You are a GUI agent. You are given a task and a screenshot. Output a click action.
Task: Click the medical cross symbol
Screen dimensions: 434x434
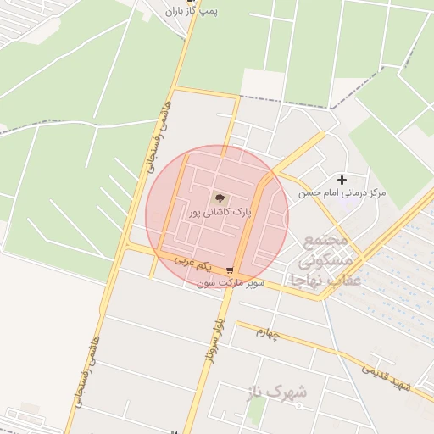342,180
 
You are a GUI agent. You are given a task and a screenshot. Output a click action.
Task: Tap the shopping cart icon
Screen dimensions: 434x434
230,270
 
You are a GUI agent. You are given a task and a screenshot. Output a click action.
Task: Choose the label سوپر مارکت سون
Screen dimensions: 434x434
231,283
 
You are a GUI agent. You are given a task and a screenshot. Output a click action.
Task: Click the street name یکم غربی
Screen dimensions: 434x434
191,262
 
